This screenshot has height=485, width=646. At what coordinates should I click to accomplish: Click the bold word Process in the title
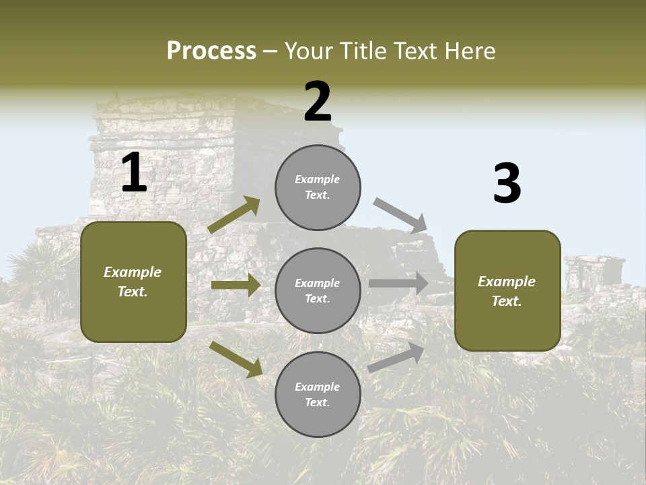click(211, 51)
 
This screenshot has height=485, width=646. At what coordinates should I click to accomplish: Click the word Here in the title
click(469, 51)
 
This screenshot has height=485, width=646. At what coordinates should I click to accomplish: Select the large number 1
click(134, 173)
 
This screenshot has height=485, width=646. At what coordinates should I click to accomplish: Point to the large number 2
click(318, 102)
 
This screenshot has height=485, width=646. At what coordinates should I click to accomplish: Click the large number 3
click(507, 184)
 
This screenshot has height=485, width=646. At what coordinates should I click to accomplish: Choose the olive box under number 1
click(133, 282)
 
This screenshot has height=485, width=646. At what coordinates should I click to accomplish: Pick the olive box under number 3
click(507, 290)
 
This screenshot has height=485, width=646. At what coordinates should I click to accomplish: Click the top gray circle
click(318, 187)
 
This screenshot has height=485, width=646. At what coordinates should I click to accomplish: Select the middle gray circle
click(318, 290)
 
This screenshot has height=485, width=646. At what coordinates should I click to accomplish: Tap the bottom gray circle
click(318, 394)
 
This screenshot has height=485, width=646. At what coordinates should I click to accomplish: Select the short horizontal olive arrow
click(236, 286)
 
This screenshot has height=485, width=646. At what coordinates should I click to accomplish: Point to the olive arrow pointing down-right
click(236, 359)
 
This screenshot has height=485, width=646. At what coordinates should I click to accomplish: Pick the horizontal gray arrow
click(398, 284)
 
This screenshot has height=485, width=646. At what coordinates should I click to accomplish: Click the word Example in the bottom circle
click(317, 387)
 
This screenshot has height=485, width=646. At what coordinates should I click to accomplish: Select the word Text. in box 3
click(507, 301)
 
